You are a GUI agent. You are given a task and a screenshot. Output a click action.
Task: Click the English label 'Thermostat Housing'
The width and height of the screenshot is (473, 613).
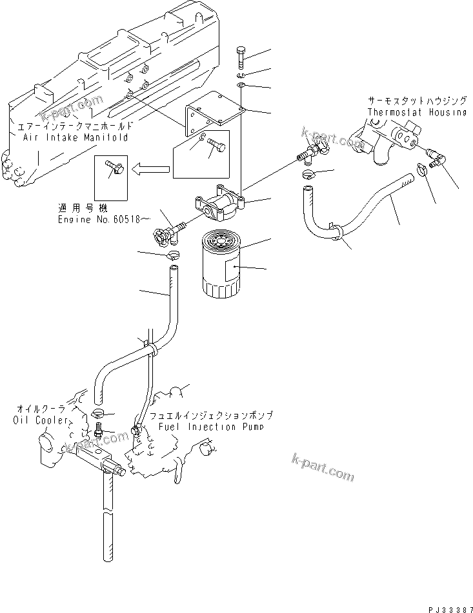[416, 112]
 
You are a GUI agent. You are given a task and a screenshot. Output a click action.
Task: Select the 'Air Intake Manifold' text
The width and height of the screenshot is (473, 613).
[75, 137]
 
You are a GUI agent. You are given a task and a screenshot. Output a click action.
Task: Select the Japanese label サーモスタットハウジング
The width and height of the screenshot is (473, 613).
[416, 102]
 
